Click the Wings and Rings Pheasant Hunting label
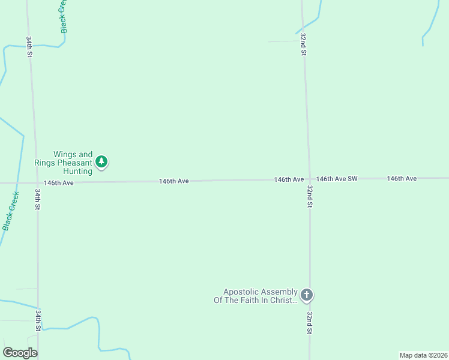point(73,163)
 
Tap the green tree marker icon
point(102,161)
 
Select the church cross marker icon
point(306,295)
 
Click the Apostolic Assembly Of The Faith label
point(256,296)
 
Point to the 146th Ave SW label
point(337,179)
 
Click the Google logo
point(20,353)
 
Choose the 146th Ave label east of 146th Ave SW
point(402,179)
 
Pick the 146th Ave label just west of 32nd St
point(289,179)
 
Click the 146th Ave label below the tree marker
point(59,182)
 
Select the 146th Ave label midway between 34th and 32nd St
point(174,181)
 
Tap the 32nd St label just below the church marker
point(310,323)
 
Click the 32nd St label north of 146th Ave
point(304,45)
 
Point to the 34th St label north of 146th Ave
point(29,46)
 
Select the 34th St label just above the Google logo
point(38,320)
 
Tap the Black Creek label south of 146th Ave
point(11,211)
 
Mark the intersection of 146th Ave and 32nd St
point(309,179)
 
